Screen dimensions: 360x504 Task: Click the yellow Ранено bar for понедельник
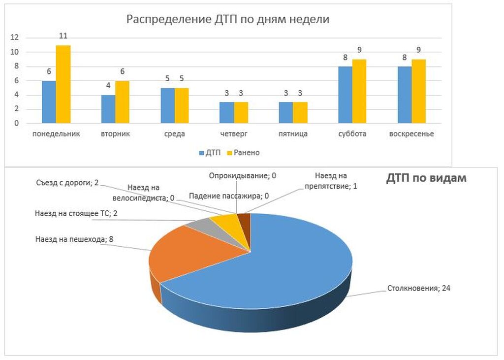[x=63, y=84]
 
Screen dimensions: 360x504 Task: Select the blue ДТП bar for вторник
[x=108, y=109]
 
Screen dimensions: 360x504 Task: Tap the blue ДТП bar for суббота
[x=345, y=95]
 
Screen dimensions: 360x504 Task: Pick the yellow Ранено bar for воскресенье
[x=418, y=91]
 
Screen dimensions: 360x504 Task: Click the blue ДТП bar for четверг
[x=226, y=112]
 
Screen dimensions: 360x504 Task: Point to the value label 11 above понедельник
[x=63, y=36]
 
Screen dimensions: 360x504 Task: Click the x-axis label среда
[x=175, y=134]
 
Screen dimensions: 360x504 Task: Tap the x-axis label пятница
[x=293, y=134]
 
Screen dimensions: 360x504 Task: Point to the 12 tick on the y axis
[x=15, y=37]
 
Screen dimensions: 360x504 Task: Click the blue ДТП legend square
[x=202, y=153]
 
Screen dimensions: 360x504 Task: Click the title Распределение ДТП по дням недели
[x=227, y=20]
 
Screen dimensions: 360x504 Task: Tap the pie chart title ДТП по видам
[x=426, y=178]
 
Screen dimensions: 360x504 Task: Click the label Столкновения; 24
[x=419, y=288]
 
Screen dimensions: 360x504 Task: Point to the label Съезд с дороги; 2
[x=67, y=183]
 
